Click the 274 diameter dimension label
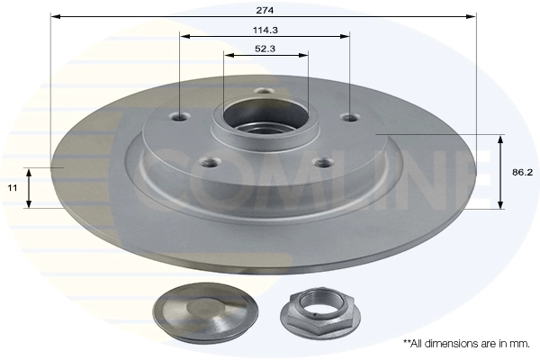coord(265,10)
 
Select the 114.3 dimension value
coord(265,31)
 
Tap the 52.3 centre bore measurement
coord(265,49)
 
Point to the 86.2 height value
coord(522,172)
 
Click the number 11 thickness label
coord(13,188)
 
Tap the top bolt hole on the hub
coord(264,91)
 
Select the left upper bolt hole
coord(180,117)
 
